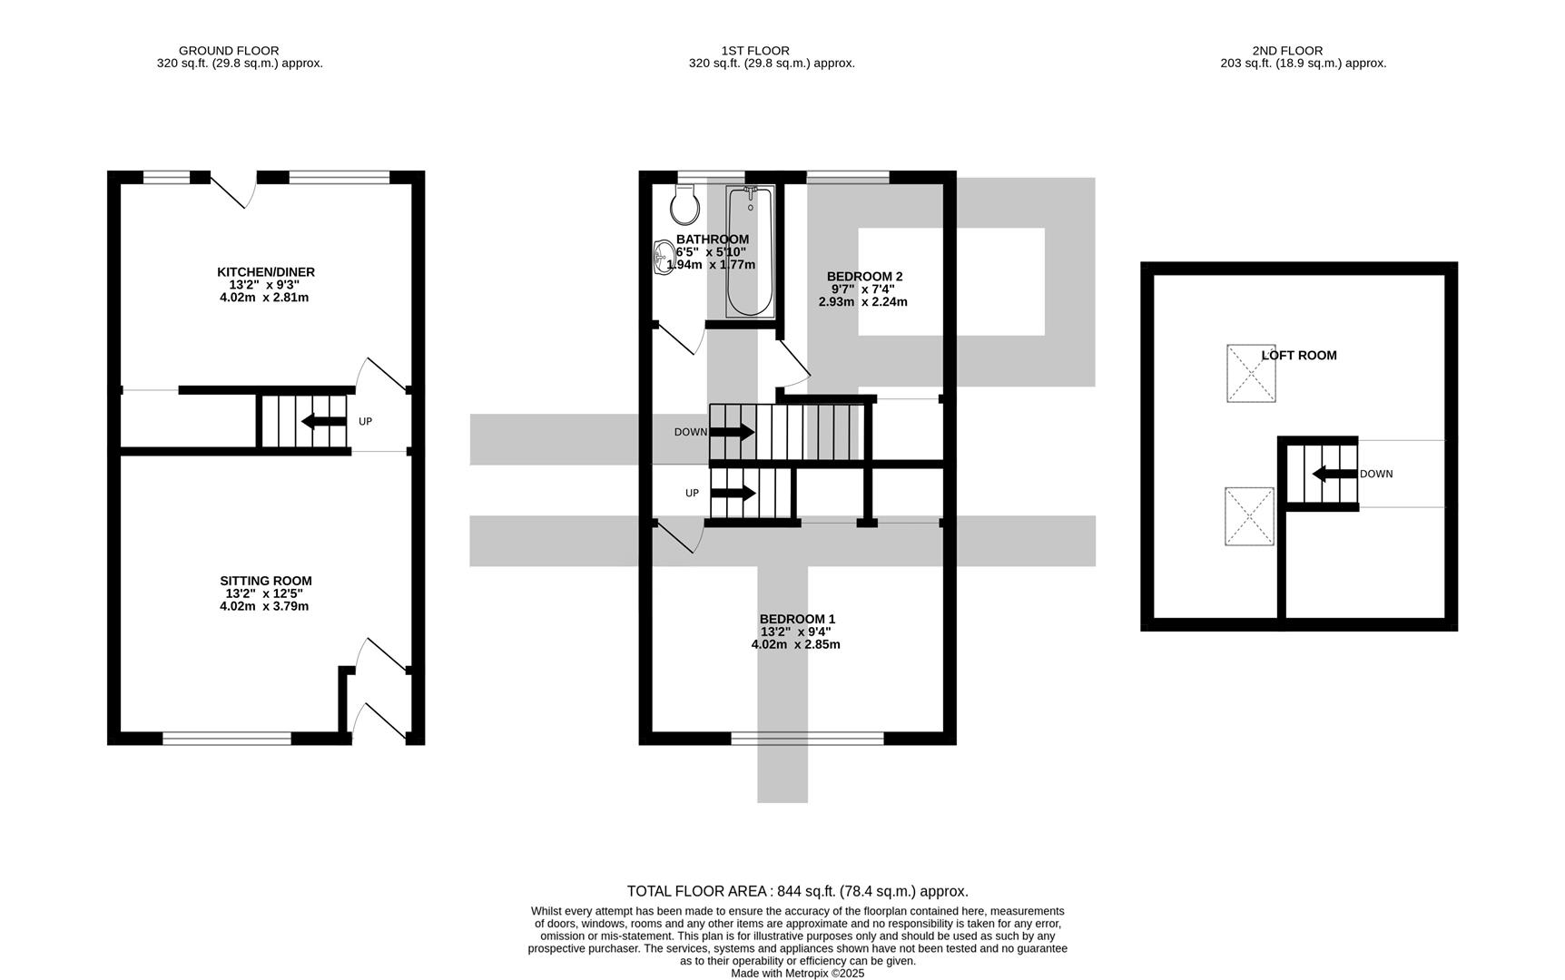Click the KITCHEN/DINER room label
click(x=265, y=272)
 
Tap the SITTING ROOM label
click(x=265, y=581)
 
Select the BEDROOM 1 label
click(x=797, y=619)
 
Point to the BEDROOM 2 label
click(x=864, y=277)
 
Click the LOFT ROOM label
click(x=1298, y=356)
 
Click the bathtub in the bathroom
click(x=750, y=251)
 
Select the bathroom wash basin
click(x=663, y=257)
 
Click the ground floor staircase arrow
click(x=323, y=421)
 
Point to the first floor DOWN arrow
click(x=732, y=432)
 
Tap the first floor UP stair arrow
click(x=733, y=493)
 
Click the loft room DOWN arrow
click(x=1334, y=474)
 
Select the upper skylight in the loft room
click(x=1251, y=373)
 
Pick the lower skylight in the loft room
click(x=1249, y=516)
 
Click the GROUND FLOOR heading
click(x=229, y=51)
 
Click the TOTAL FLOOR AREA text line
click(x=797, y=891)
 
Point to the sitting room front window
click(x=227, y=739)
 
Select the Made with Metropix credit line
click(x=797, y=973)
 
